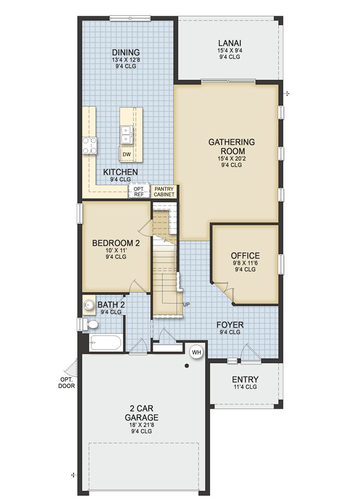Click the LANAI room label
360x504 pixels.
[230, 43]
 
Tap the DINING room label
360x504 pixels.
[126, 52]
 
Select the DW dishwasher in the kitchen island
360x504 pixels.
[127, 154]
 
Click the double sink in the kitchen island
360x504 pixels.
[127, 135]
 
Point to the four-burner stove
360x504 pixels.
[89, 145]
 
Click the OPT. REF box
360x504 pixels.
[139, 191]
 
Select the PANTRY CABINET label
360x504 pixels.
[164, 192]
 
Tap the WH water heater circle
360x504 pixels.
[196, 352]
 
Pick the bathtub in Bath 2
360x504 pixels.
[106, 343]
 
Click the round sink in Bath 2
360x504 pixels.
[89, 304]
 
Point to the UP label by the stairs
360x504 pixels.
[186, 304]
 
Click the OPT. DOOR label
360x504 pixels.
[67, 383]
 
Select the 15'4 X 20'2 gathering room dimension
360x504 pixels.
[231, 159]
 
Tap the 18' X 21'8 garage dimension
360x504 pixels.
[141, 424]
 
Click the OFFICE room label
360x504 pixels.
[245, 255]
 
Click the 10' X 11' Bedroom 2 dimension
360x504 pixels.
[116, 250]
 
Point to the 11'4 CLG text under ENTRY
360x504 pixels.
[245, 387]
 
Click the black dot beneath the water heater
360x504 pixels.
[187, 366]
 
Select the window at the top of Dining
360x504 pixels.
[130, 18]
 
